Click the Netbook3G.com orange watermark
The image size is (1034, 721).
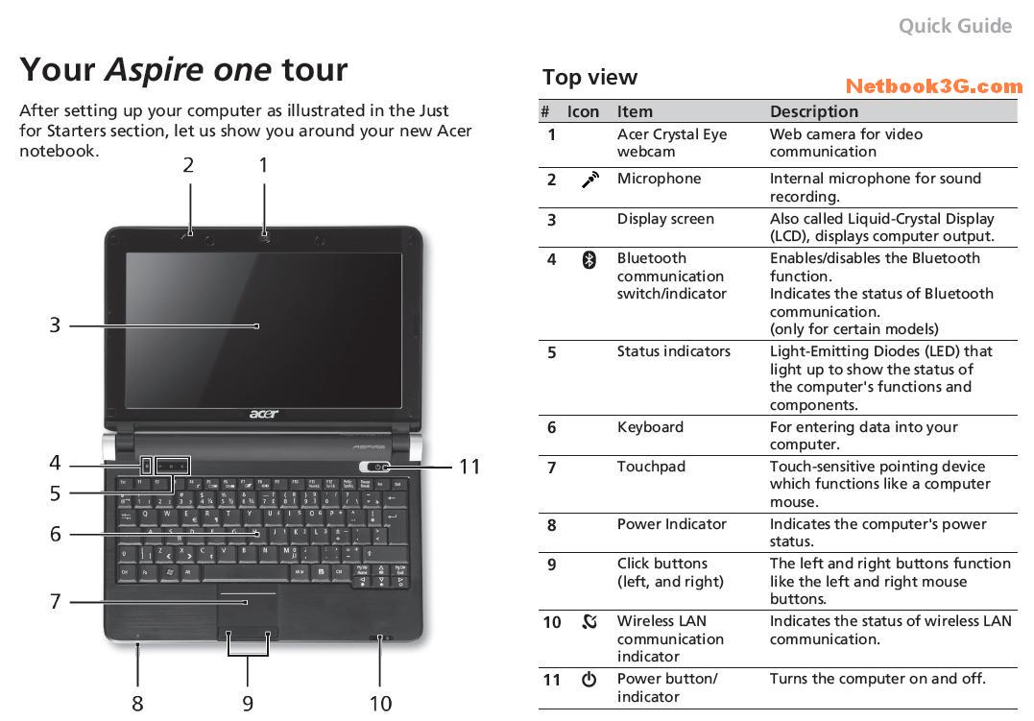pos(934,86)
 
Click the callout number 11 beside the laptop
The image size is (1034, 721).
pos(469,467)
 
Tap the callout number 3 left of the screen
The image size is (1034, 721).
pos(55,325)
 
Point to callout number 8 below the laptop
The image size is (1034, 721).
pos(137,704)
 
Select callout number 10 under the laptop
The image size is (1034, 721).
pos(380,704)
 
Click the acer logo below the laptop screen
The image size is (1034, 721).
pos(264,414)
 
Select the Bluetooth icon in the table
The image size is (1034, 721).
pos(589,258)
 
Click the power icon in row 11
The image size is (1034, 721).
pos(589,679)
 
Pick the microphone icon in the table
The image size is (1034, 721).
pos(590,180)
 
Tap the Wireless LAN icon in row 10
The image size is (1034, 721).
pos(589,621)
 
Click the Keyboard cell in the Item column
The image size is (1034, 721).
pos(650,427)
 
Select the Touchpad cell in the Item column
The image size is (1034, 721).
pos(651,467)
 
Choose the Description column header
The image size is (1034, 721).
pos(814,111)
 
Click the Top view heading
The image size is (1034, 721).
pos(589,78)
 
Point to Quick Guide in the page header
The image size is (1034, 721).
pos(954,26)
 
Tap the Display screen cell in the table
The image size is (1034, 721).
pos(665,219)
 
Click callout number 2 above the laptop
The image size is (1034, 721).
pos(188,165)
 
